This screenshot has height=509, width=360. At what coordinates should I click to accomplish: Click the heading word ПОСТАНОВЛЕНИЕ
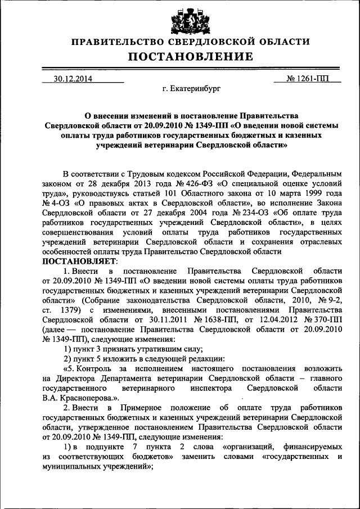click(179, 56)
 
